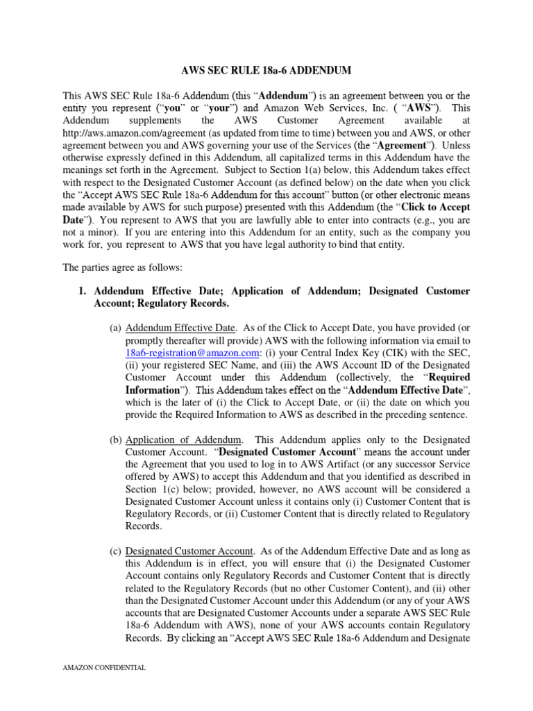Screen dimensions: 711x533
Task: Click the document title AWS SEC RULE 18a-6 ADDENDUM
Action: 266,71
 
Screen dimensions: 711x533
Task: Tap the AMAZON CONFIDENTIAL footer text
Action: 104,668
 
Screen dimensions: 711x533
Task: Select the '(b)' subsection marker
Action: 115,440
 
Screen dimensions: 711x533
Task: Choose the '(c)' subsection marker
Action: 115,552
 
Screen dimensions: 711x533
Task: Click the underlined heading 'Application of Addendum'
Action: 184,440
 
